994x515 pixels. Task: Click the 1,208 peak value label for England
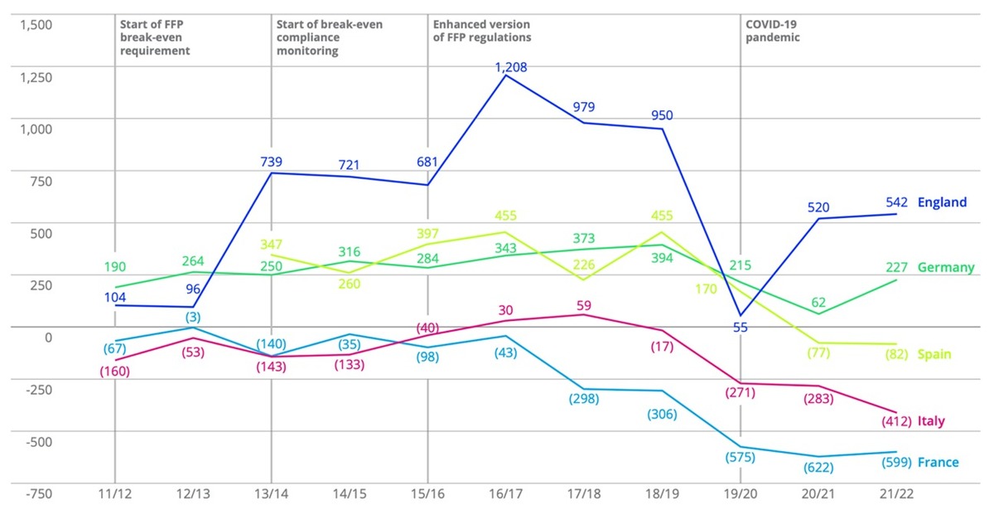511,67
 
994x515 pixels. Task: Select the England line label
942,202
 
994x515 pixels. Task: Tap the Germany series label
946,267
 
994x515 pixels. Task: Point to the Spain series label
934,354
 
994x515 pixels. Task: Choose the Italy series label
931,421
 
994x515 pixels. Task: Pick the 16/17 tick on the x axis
504,493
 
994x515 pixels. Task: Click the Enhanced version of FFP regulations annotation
481,31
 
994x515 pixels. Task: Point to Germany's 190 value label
115,267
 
